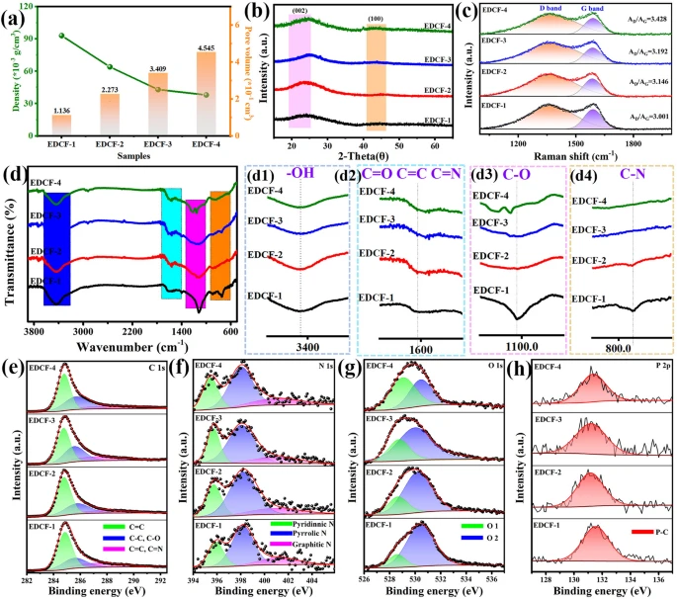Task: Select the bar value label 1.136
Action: [61, 110]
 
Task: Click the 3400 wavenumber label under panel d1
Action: [299, 346]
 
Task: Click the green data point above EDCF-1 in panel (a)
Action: [61, 36]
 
